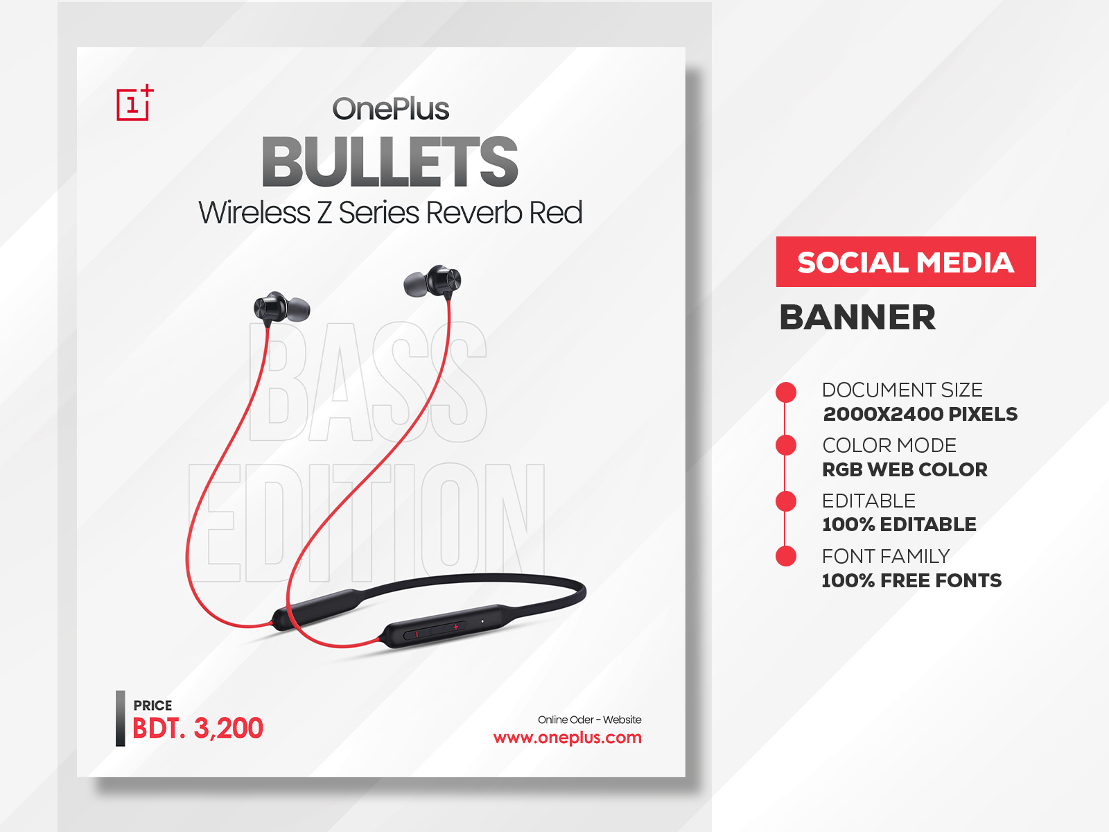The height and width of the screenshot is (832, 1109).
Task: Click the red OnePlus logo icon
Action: tap(134, 104)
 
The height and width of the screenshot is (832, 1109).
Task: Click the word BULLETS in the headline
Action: tap(390, 163)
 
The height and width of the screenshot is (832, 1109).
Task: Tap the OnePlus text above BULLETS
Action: tap(390, 109)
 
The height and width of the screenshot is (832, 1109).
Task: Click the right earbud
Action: tap(433, 281)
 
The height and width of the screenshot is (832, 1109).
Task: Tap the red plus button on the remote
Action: tap(455, 627)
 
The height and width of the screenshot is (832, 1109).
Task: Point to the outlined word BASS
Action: tap(367, 383)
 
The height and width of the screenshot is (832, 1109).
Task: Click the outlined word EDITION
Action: tap(366, 523)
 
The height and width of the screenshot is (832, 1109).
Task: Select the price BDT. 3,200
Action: tap(198, 728)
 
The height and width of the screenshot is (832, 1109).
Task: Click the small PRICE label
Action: tap(152, 705)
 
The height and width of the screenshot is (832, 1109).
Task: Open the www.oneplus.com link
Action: tap(567, 737)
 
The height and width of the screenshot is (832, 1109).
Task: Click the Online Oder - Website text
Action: tap(589, 720)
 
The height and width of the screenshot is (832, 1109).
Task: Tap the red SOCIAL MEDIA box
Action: tap(905, 262)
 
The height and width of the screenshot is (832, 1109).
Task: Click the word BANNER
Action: tap(857, 318)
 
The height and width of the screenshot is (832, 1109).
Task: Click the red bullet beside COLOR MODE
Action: tap(786, 445)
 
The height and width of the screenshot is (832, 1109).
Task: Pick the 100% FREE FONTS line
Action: tap(911, 580)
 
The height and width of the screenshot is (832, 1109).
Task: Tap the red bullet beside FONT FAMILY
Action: tap(786, 556)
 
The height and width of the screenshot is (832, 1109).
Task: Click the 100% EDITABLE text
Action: tap(898, 524)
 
